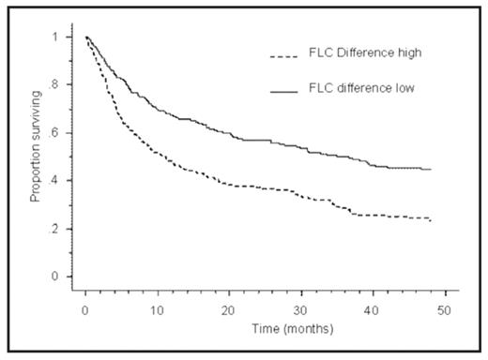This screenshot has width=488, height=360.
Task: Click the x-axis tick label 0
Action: [85, 308]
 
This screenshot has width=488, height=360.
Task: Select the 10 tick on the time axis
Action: [157, 308]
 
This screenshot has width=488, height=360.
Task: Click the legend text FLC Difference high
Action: [345, 53]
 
